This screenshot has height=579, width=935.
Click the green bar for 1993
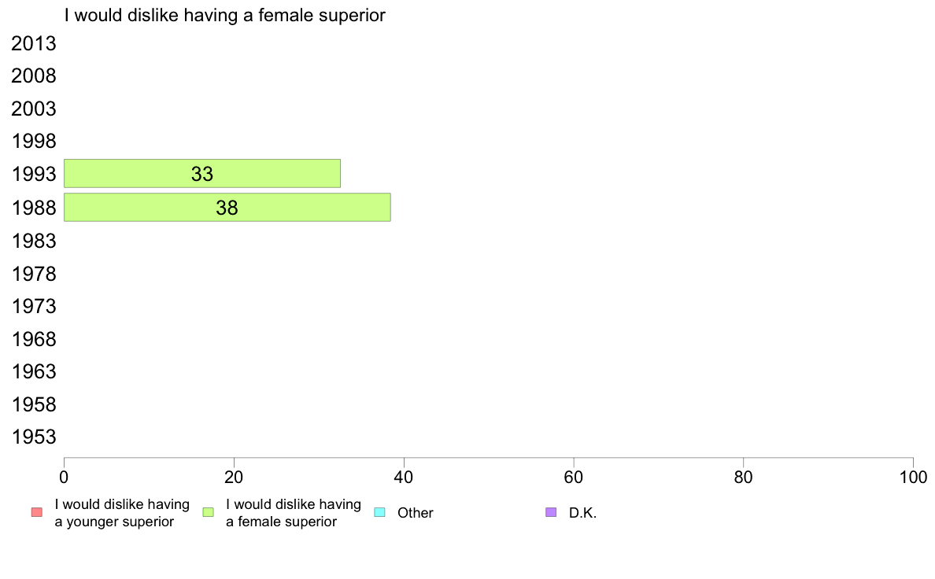tap(202, 174)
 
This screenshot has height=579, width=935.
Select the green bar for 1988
tap(227, 208)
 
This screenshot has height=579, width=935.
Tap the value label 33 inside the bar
tap(202, 174)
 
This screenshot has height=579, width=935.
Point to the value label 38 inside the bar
tap(227, 208)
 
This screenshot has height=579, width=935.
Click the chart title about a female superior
tap(225, 16)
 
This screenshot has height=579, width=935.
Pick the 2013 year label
tap(34, 43)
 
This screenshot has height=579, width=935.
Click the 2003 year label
tap(34, 109)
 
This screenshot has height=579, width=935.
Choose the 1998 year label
tap(34, 142)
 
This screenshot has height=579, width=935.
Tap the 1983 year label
tap(34, 241)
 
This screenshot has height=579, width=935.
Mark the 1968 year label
tap(34, 339)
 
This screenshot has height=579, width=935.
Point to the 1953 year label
tap(34, 437)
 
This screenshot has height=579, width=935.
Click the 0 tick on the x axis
tap(64, 477)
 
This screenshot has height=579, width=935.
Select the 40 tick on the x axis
tap(404, 477)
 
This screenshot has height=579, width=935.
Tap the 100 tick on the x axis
tap(913, 477)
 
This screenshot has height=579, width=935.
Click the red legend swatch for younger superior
tap(37, 512)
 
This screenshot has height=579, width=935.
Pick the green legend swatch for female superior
tap(208, 512)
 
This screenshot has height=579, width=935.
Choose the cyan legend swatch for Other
tap(380, 512)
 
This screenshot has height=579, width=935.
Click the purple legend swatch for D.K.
tap(551, 512)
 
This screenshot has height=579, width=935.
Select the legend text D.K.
tap(582, 513)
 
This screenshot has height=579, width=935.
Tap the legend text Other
tap(415, 513)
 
